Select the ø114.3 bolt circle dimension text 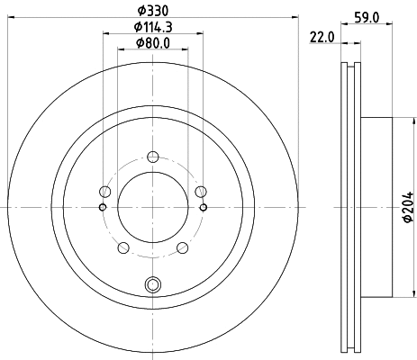point(151,27)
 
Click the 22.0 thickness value point(322,36)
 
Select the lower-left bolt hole point(123,247)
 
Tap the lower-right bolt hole point(182,247)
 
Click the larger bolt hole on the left point(105,192)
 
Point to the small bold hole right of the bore point(204,208)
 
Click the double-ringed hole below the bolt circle point(152,287)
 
